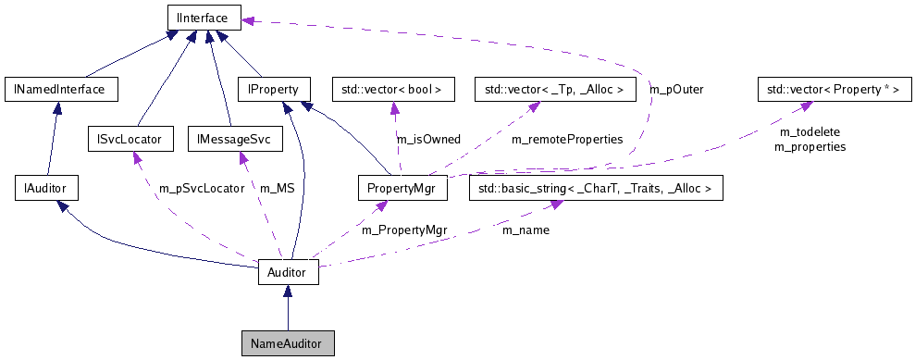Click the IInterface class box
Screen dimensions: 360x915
(x=204, y=16)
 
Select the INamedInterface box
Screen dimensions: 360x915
(x=61, y=90)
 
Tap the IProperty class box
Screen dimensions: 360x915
(x=266, y=90)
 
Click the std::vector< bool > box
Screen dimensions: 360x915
(x=393, y=90)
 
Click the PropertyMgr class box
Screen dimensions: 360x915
(x=402, y=189)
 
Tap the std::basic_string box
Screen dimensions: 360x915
(x=596, y=189)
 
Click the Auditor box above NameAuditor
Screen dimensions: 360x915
(x=288, y=273)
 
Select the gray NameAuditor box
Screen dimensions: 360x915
(x=287, y=343)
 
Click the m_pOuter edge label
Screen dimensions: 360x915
(x=676, y=90)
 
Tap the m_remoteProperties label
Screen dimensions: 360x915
(x=566, y=139)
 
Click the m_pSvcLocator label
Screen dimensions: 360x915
(x=201, y=188)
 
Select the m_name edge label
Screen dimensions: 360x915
(x=526, y=229)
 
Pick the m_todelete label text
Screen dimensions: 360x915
(x=803, y=132)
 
